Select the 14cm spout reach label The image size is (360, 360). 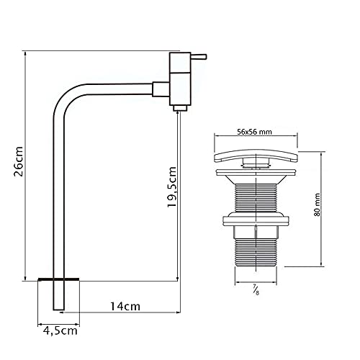(126, 306)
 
